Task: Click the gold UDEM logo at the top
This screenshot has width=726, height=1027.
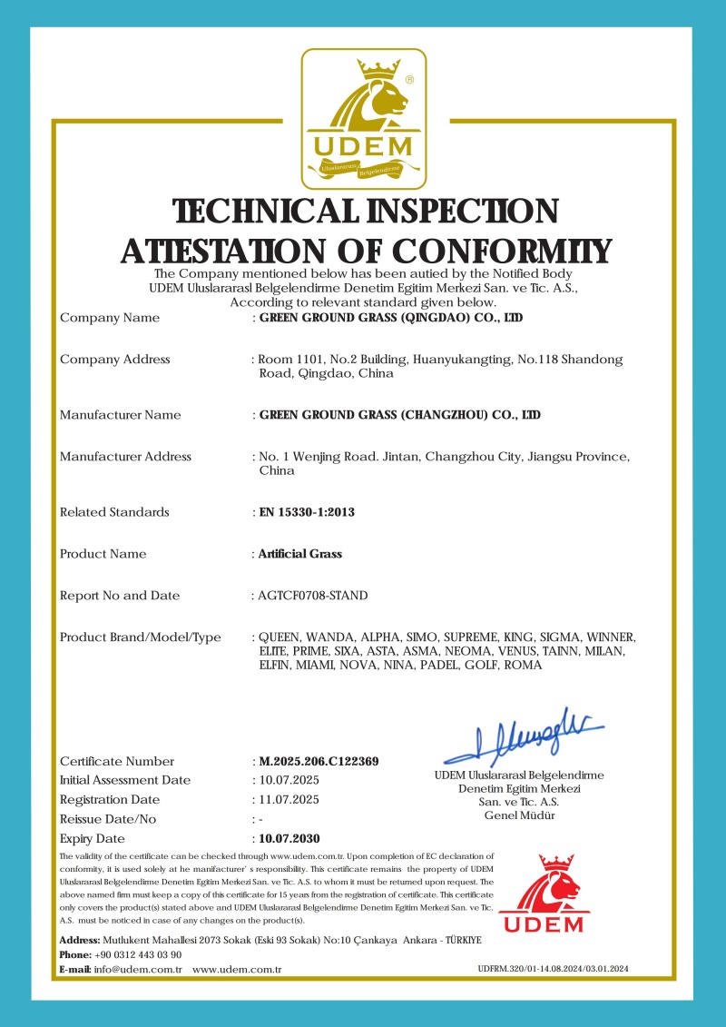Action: click(363, 116)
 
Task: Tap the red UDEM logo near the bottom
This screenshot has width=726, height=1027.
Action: click(544, 894)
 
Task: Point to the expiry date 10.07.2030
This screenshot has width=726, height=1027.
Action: click(289, 838)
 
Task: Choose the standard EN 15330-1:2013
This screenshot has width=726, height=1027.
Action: click(307, 512)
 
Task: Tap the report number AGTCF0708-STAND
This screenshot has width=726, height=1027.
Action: click(313, 596)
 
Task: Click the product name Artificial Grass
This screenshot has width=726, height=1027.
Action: click(300, 554)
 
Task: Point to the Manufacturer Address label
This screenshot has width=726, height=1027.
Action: click(125, 457)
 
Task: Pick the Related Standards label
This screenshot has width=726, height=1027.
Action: click(114, 512)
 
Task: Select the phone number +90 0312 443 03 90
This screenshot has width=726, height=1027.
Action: click(138, 954)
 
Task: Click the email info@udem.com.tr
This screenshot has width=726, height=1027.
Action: click(138, 970)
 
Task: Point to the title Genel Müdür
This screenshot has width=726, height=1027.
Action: click(520, 815)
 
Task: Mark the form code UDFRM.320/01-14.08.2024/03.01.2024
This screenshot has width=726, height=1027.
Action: click(553, 970)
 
